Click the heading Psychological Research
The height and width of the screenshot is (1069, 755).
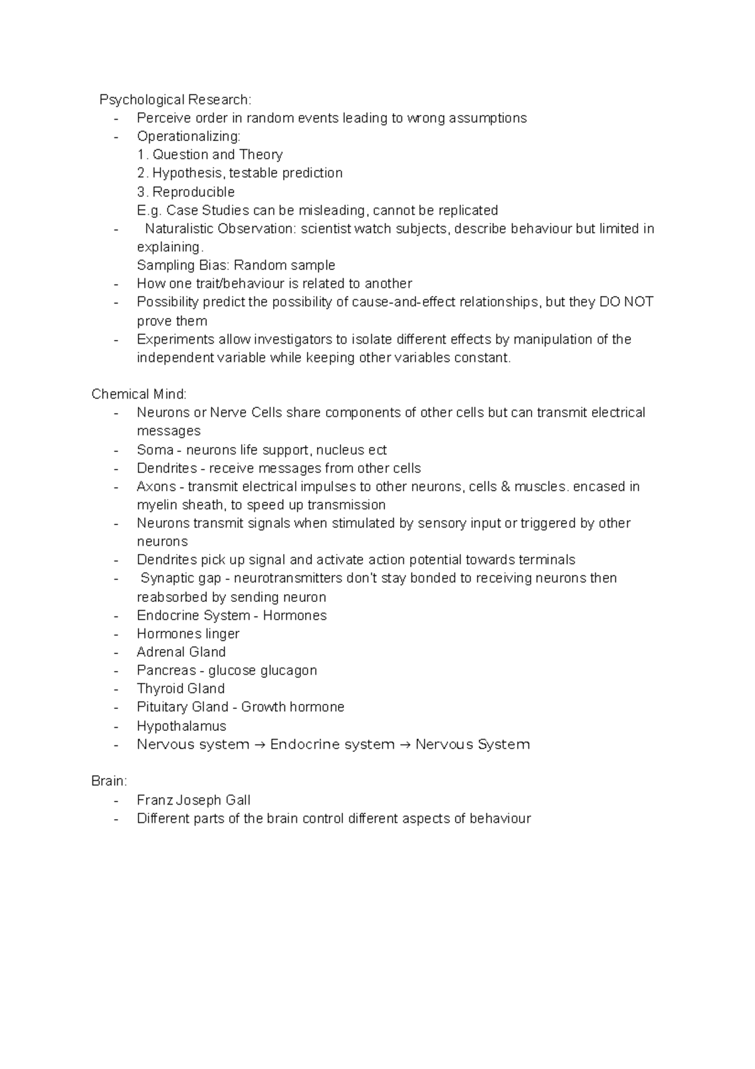175,100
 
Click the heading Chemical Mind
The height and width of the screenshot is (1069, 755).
139,395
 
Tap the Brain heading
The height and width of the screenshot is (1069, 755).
109,781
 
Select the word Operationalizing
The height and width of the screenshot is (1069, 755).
188,137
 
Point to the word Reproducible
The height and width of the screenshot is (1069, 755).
193,192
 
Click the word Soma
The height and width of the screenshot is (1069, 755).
155,450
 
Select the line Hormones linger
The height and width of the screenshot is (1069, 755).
187,634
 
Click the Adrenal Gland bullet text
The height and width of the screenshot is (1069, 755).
181,652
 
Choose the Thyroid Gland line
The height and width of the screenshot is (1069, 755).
181,689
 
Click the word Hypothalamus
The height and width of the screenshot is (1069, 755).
181,726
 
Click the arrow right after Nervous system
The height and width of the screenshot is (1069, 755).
260,745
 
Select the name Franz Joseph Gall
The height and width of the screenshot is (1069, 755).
193,800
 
